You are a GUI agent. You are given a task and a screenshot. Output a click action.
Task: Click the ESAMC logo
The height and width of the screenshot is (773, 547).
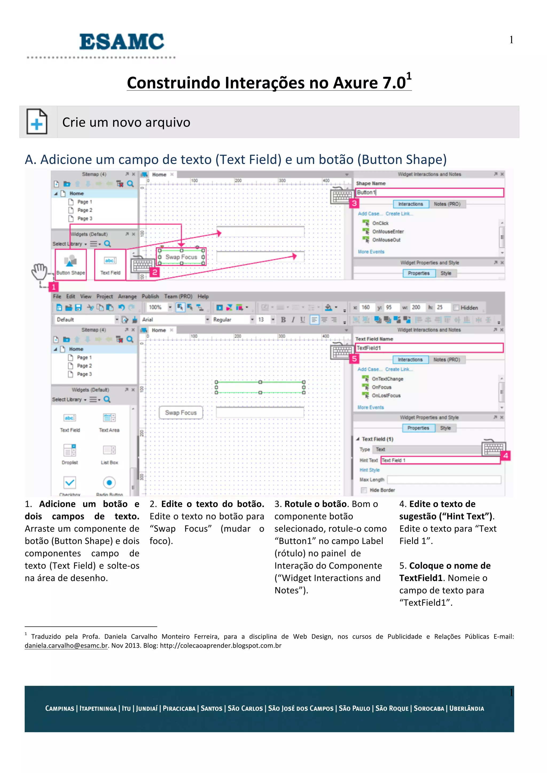tap(121, 42)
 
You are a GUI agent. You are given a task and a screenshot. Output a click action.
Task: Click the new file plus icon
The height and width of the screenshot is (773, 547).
tap(37, 122)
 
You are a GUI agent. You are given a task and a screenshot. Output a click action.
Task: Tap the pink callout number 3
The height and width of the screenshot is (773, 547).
tap(354, 203)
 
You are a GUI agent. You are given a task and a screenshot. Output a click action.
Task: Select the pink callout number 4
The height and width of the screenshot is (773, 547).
tap(505, 456)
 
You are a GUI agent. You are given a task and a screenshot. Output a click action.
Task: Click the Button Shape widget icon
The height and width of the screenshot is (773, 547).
tap(71, 261)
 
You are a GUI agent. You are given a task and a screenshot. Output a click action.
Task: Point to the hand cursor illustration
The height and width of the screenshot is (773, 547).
tap(40, 271)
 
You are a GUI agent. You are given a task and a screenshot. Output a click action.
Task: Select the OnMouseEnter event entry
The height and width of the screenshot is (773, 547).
tap(388, 232)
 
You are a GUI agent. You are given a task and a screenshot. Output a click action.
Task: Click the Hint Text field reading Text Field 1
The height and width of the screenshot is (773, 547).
tap(440, 460)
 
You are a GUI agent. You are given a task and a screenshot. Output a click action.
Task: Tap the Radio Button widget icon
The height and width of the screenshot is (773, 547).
tap(109, 483)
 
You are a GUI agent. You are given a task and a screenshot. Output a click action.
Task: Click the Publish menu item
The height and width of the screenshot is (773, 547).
tap(150, 296)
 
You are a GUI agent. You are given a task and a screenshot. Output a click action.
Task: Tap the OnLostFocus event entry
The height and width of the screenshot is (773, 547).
tap(386, 396)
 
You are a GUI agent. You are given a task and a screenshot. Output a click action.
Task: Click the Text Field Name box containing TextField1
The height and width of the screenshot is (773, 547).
tap(429, 348)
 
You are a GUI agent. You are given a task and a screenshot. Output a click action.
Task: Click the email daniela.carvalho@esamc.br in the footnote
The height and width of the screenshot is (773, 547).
tap(66, 646)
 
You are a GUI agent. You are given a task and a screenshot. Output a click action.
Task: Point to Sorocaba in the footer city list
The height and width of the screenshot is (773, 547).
tap(429, 708)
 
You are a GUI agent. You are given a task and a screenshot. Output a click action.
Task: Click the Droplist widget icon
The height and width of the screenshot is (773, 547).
tap(70, 450)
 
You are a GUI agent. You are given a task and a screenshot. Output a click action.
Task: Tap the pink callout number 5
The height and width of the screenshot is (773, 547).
tap(354, 359)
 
